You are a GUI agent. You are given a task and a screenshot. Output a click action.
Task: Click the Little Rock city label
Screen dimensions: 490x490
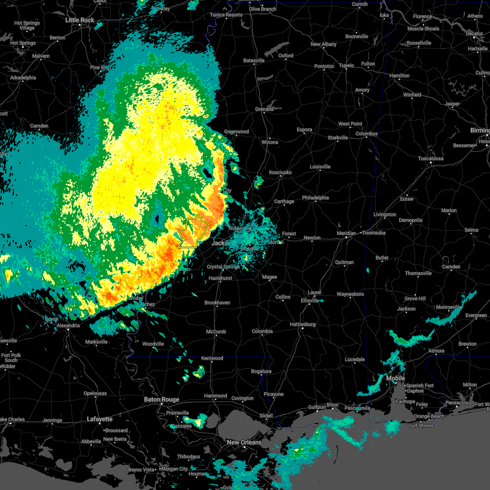click(80, 20)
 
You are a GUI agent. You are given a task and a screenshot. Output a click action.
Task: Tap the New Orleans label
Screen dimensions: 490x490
click(244, 442)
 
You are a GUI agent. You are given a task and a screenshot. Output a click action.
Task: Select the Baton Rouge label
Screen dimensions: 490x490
click(161, 399)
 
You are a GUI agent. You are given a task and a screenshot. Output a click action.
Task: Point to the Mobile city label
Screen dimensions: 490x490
click(396, 378)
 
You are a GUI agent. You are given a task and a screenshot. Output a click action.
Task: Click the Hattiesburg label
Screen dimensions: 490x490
click(303, 324)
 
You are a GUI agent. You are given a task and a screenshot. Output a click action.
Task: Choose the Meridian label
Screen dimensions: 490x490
click(346, 233)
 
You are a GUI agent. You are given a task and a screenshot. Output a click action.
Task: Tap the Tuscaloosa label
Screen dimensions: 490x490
click(430, 158)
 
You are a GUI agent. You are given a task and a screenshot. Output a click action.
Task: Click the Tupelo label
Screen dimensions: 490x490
click(346, 65)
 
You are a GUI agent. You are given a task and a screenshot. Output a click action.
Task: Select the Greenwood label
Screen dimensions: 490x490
click(236, 131)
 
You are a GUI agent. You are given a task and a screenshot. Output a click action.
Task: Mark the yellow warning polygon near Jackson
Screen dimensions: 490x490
click(193, 232)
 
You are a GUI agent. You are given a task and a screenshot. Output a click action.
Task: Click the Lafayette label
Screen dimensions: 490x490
click(100, 419)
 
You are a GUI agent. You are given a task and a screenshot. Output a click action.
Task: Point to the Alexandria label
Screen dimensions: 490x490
click(68, 325)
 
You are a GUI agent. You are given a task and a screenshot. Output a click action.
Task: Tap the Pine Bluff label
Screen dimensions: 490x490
click(100, 67)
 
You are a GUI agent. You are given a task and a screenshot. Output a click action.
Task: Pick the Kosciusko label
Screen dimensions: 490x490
click(280, 172)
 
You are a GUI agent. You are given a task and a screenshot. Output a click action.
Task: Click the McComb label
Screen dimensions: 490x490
click(216, 332)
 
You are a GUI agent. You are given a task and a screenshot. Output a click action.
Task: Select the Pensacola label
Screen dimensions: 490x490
click(457, 403)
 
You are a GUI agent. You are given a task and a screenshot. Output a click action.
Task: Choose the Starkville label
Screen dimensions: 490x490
click(338, 138)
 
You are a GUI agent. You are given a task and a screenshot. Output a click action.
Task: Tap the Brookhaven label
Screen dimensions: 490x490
click(217, 303)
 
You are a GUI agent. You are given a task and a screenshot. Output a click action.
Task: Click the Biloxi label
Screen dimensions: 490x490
click(332, 405)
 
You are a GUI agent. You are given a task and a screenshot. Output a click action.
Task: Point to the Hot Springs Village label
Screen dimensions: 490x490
click(27, 25)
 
